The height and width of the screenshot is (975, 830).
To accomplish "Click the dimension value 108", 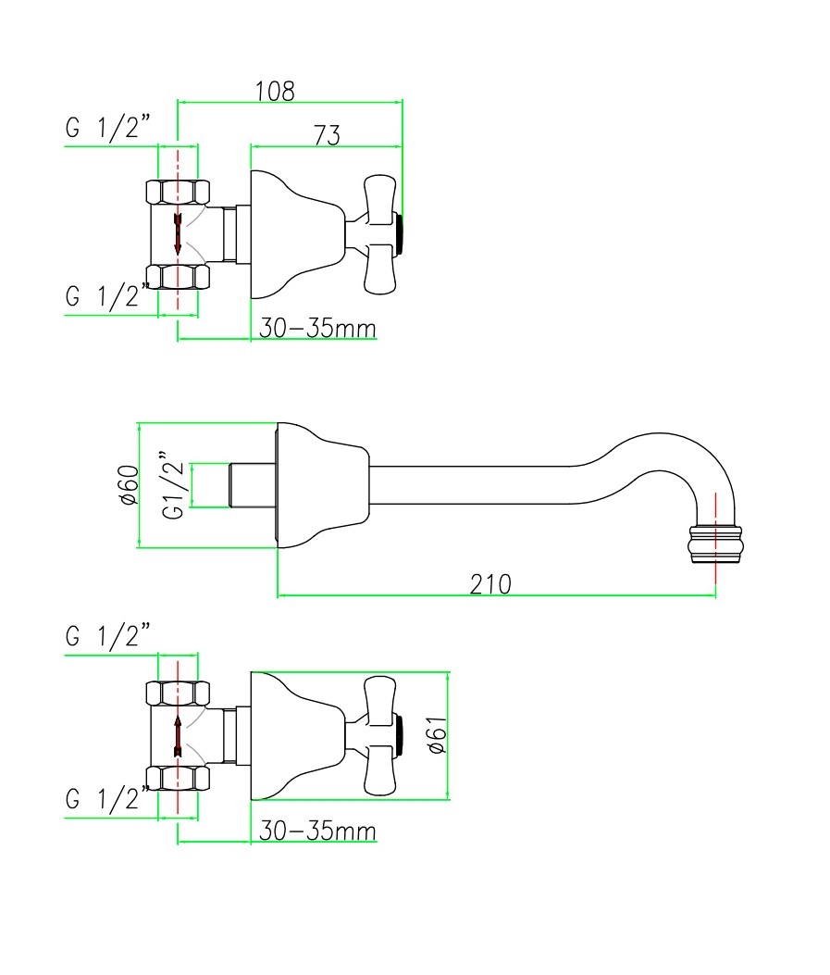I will coord(276,91).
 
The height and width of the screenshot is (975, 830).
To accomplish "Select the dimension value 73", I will coord(327,135).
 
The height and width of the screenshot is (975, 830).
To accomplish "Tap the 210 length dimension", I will coord(489,584).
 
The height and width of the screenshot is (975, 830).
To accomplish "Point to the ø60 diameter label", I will coord(128,484).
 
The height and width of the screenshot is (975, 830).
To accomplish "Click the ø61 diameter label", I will coord(439,735).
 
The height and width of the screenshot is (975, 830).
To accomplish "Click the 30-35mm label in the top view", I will coord(317,329).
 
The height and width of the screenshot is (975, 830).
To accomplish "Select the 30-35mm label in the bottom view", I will coord(317,831).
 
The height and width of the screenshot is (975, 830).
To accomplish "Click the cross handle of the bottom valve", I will coord(380,735).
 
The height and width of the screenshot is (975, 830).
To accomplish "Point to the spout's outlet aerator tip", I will coord(715,544).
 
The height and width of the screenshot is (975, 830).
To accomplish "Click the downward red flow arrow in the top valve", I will coord(177,234).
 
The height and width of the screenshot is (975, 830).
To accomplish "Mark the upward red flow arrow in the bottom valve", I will coord(177,735).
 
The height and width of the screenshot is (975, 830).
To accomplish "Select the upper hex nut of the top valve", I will coord(178,193).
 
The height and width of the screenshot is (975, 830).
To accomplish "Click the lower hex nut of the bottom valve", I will coord(178,777).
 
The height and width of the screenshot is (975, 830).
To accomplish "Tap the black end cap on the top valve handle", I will coord(401,234).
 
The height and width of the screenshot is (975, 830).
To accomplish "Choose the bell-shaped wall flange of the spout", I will coord(319,484).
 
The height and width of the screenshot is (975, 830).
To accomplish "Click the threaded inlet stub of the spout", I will coord(251,484).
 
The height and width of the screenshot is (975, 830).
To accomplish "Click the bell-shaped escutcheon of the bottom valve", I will coord(291,735).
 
